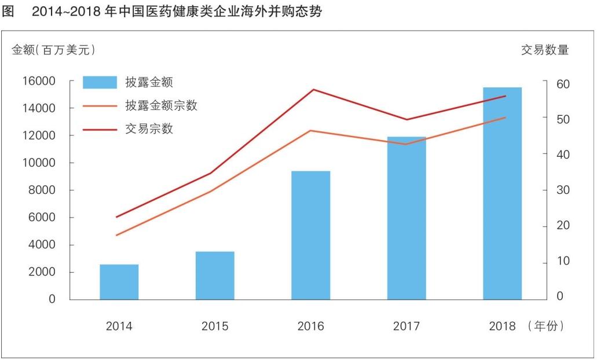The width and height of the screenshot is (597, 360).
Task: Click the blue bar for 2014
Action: (x=119, y=282)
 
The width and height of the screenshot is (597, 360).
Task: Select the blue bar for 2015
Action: (x=215, y=275)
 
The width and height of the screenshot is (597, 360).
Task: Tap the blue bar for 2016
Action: (x=310, y=235)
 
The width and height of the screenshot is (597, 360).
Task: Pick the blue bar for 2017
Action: (x=406, y=218)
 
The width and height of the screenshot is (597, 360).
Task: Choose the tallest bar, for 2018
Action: (x=502, y=193)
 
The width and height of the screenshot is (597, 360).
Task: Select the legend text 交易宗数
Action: (x=149, y=128)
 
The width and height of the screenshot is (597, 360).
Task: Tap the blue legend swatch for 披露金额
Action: (x=100, y=82)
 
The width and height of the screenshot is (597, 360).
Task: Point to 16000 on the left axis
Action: (x=39, y=81)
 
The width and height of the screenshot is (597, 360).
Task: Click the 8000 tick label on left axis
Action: (x=42, y=190)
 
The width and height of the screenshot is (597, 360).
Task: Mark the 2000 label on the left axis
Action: (x=42, y=272)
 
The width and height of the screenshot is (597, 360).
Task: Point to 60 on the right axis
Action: (x=563, y=84)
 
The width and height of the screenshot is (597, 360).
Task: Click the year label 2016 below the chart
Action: (x=310, y=326)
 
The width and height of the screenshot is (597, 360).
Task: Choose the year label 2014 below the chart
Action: (x=119, y=326)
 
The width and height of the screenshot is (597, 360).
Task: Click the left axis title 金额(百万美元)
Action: (x=53, y=50)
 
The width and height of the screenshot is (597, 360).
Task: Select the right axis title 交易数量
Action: (x=545, y=50)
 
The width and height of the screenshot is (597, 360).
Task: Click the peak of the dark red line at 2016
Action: (x=313, y=90)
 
